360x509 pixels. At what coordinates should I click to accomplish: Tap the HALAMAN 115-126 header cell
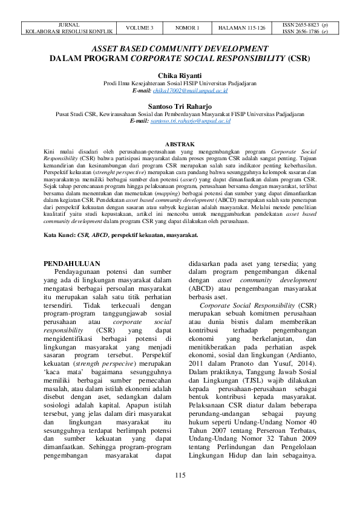tap(242, 28)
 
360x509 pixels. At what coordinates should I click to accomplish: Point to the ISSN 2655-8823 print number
tap(307, 25)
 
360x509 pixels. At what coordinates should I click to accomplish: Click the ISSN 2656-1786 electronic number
tap(307, 31)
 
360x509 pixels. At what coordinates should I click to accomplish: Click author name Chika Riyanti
tap(180, 76)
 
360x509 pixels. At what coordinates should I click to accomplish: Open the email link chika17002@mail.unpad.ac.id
tap(189, 90)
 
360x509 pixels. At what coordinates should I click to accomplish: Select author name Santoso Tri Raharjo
tap(180, 105)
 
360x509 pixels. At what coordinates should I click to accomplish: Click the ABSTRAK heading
tap(180, 144)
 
